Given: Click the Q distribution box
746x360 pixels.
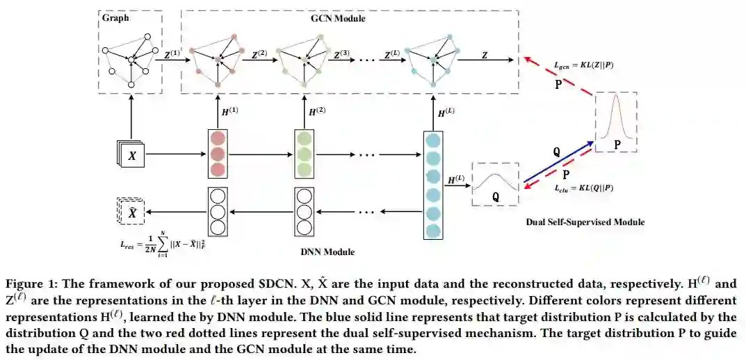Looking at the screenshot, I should [x=496, y=184].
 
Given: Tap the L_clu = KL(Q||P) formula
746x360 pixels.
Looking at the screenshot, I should [x=583, y=188].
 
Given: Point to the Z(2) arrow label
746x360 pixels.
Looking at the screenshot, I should [x=259, y=53].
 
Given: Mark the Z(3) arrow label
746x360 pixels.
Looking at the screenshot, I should [x=341, y=53].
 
